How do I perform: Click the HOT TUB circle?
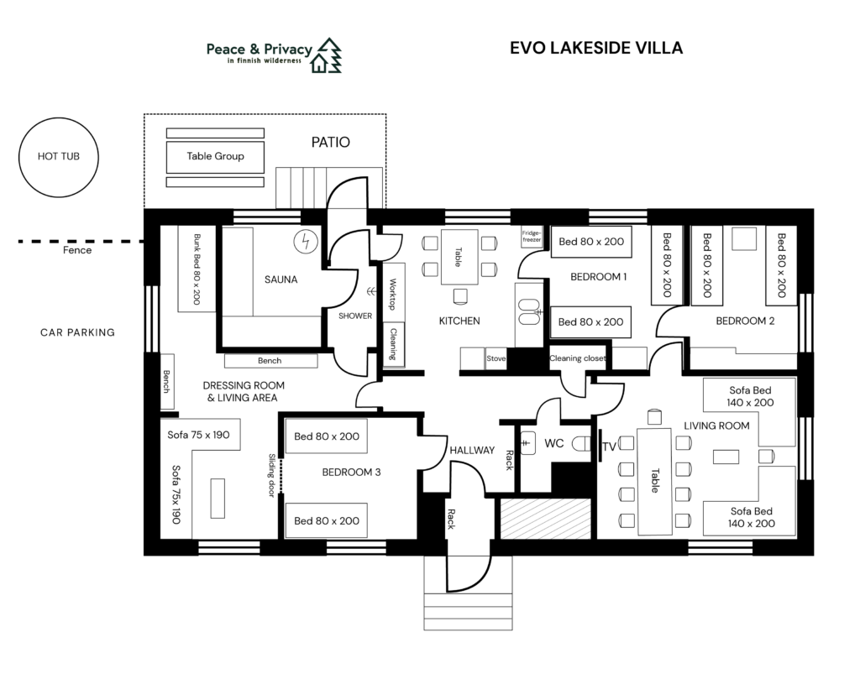[59, 157]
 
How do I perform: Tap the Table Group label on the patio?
[215, 156]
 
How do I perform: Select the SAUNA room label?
[281, 279]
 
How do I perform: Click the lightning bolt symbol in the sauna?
[306, 241]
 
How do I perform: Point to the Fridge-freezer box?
[532, 237]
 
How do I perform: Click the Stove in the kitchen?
[496, 358]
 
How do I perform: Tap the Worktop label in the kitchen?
[393, 295]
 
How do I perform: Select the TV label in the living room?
[609, 447]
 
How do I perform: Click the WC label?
[554, 443]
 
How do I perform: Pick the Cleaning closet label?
[578, 358]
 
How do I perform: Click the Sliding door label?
[271, 475]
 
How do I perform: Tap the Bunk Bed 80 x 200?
[197, 269]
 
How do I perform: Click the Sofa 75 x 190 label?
[198, 435]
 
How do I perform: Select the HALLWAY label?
[472, 451]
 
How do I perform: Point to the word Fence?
[77, 250]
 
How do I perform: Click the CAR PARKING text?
[77, 332]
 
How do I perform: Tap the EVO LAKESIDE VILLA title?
[596, 48]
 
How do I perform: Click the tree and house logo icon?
[326, 55]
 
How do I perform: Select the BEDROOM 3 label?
[351, 473]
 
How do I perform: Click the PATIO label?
[331, 143]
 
